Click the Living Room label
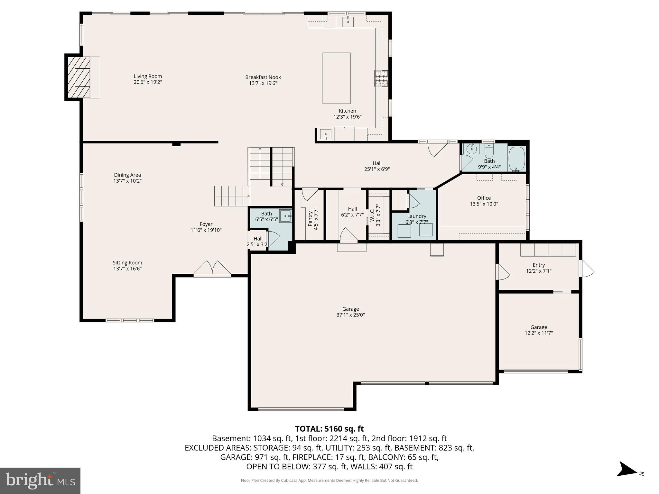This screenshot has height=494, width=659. click(148, 77)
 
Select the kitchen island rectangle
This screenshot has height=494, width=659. click(336, 78)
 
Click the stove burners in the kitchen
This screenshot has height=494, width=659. click(381, 78)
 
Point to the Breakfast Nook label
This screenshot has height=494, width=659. click(263, 77)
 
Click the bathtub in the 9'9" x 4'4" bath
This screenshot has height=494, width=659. click(517, 159)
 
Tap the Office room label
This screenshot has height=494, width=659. click(484, 198)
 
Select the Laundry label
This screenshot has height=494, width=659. click(416, 216)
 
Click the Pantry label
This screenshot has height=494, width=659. click(310, 218)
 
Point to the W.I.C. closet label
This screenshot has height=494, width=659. click(372, 215)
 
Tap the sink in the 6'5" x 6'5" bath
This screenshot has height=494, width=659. click(285, 216)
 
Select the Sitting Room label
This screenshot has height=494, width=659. click(127, 263)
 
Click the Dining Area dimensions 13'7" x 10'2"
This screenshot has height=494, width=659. click(127, 181)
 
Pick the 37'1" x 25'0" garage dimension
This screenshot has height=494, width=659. click(350, 315)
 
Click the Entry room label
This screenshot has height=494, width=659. click(538, 265)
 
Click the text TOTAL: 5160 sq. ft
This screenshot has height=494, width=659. click(329, 429)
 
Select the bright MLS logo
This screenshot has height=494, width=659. click(40, 480)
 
